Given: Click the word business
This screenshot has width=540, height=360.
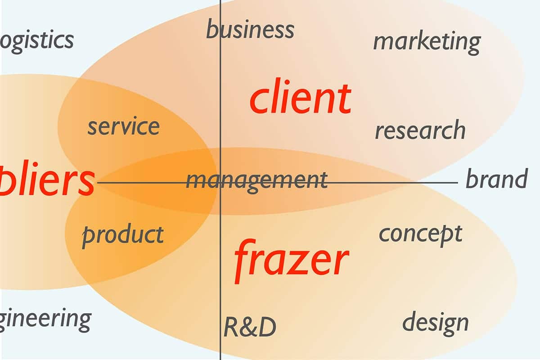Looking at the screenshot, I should tap(250, 30).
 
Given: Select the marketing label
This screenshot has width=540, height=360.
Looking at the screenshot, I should tap(427, 42).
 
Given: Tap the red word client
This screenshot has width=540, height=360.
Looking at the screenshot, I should tap(300, 98).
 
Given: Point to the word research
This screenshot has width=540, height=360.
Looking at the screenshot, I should tap(420, 130).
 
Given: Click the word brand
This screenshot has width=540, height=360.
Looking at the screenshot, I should tap(496, 179).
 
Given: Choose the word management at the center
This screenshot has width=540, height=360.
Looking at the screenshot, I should tap(257, 180).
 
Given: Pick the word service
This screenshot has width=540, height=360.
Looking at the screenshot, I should tap(123, 126).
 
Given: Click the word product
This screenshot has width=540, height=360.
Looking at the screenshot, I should tap(123, 235).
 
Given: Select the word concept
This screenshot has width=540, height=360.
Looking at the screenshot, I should tap(420, 234).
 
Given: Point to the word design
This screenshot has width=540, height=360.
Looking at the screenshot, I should tap(435, 323).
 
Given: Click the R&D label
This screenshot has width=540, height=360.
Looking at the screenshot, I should tap(250, 327).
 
